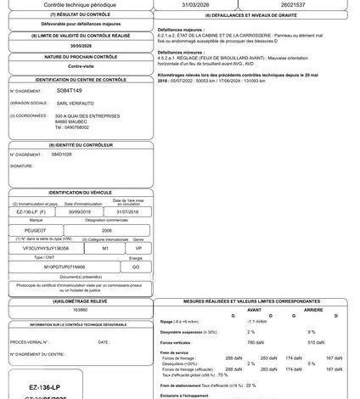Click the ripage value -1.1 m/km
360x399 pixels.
coord(256,321)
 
